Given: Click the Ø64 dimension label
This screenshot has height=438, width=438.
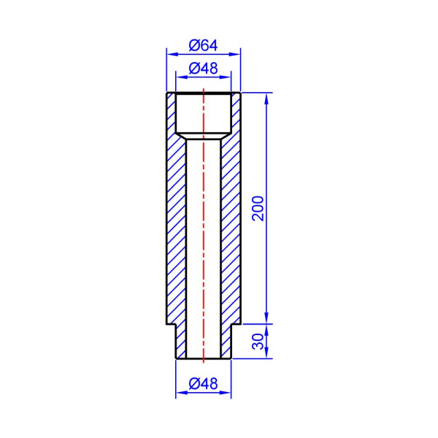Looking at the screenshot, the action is (x=203, y=45).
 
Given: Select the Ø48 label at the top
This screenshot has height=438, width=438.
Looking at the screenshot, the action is (x=203, y=68).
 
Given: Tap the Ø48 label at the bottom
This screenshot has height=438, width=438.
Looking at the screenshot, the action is (x=203, y=384).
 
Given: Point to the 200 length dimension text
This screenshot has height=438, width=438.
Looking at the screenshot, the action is (x=258, y=208).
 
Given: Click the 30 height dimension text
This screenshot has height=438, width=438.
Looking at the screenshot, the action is (x=258, y=342).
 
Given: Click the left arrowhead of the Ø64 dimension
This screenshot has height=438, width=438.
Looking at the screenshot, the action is (x=172, y=54).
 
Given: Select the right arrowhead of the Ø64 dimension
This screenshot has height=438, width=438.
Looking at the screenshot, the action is (x=234, y=54).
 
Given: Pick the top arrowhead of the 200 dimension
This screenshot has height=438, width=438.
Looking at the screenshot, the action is (x=266, y=99).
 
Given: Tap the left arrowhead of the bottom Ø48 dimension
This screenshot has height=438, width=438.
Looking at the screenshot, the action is (x=182, y=393).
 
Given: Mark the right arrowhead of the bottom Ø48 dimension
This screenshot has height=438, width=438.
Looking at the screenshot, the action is (x=226, y=393).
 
